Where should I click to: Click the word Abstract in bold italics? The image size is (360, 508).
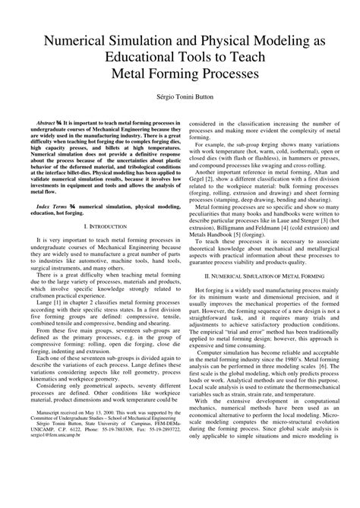coord(49,122)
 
